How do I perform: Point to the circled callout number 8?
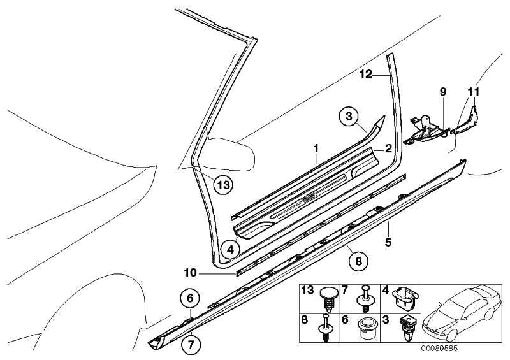(x=358, y=259)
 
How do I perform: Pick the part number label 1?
(x=315, y=148)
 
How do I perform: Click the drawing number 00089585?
(x=439, y=349)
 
